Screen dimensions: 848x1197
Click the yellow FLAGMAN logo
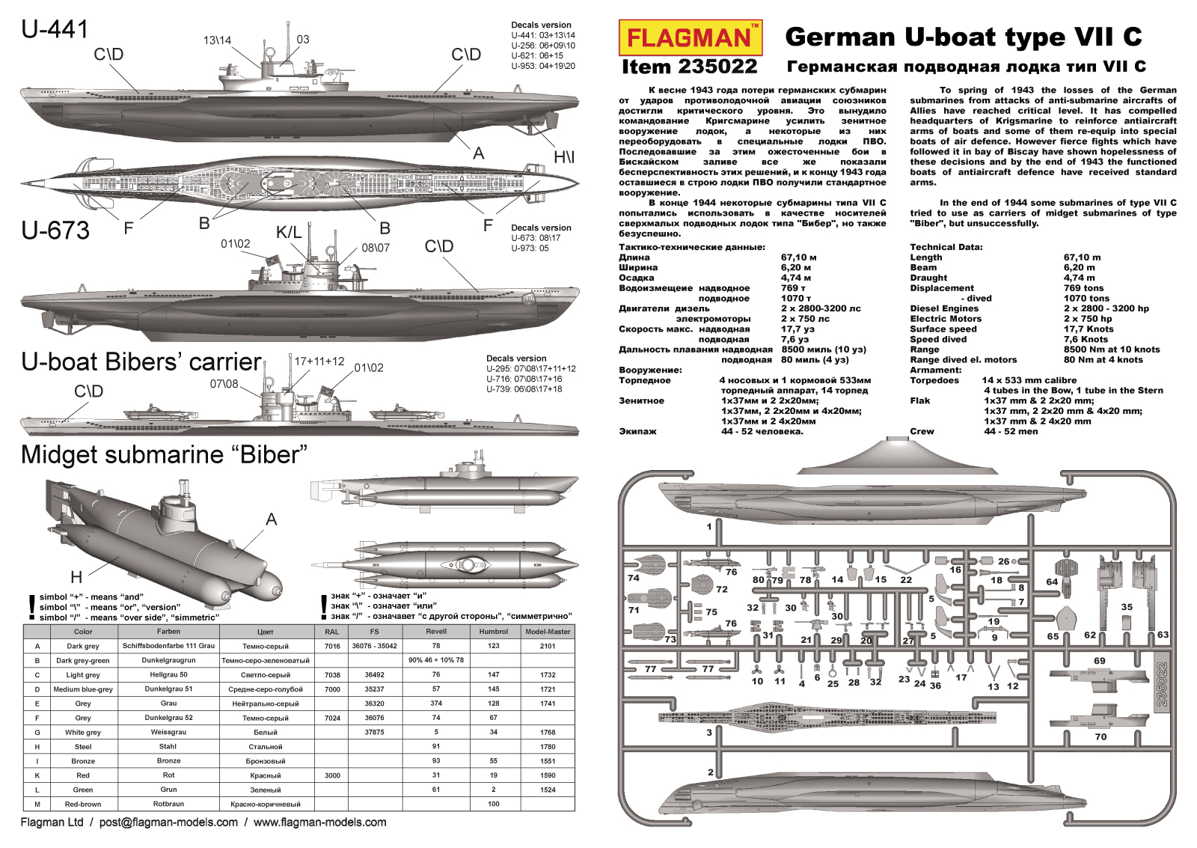(x=690, y=37)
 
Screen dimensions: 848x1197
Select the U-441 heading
(x=55, y=29)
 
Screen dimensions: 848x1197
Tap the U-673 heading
(x=55, y=231)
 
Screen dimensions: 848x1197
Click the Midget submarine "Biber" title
(x=165, y=454)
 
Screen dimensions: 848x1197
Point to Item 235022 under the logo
(x=689, y=67)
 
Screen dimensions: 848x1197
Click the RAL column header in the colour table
(x=332, y=632)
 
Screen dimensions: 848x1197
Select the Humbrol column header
(x=494, y=632)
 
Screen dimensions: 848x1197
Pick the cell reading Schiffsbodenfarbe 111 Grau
(x=168, y=646)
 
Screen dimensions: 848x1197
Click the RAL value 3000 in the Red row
(x=332, y=775)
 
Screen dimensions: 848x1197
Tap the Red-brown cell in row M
(x=83, y=805)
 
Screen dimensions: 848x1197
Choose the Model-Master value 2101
(x=548, y=646)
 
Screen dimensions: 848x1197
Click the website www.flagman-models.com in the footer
(x=320, y=823)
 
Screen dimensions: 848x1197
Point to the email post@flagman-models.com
(x=168, y=823)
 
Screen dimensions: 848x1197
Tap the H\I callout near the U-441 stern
(x=564, y=157)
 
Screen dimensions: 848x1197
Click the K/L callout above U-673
(x=289, y=233)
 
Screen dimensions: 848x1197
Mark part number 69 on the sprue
(x=1099, y=661)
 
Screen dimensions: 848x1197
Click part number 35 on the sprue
(x=1127, y=607)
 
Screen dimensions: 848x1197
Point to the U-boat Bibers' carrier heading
(x=141, y=362)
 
